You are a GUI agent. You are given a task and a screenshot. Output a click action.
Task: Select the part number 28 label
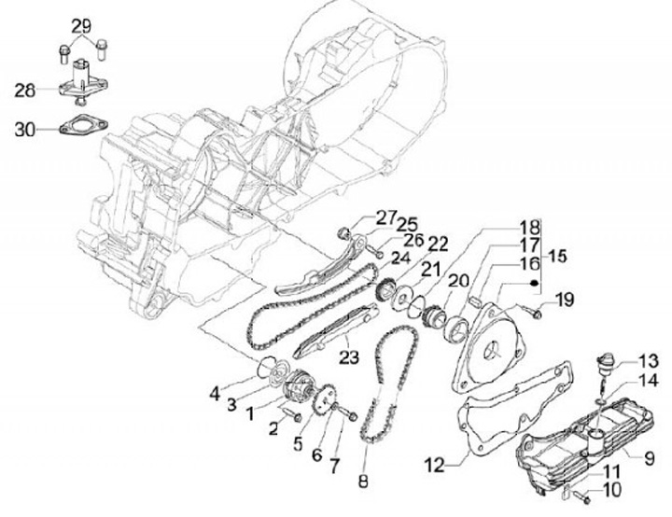24,90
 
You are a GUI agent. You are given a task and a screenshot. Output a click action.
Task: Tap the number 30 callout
24,130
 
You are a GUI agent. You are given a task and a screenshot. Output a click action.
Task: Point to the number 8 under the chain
364,482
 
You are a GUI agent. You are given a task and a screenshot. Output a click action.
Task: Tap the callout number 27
361,217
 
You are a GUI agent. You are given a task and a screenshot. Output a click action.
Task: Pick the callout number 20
457,280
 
